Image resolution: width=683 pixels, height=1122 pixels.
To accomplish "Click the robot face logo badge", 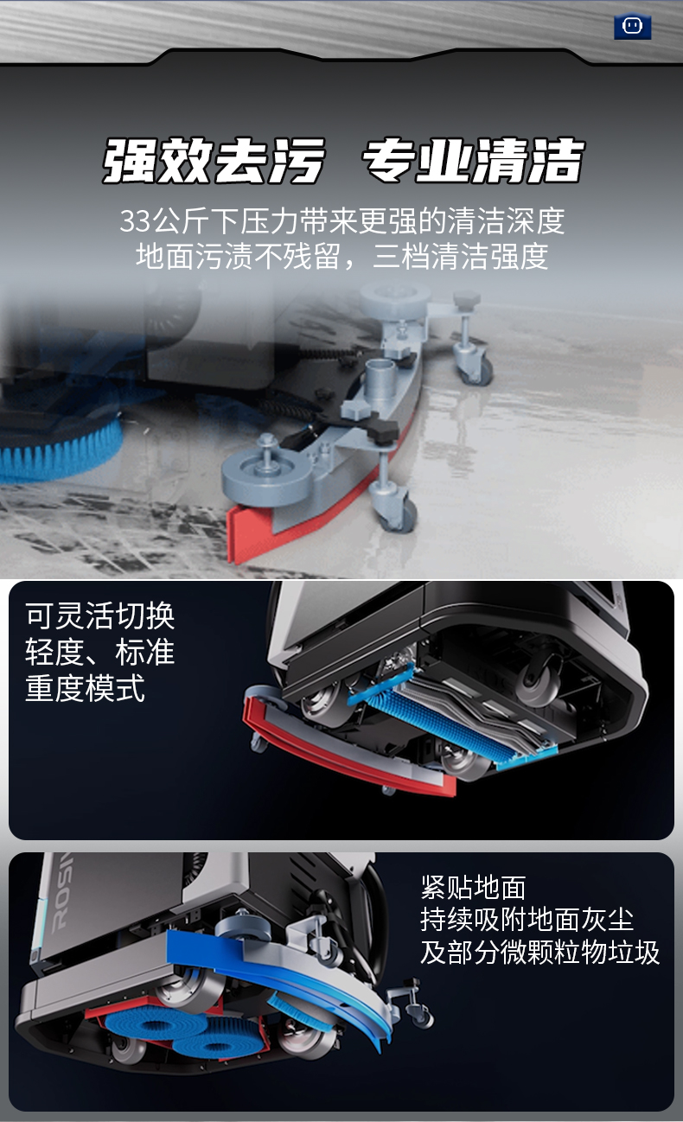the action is (x=632, y=26).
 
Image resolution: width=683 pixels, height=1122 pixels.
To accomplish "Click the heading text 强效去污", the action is (x=214, y=160).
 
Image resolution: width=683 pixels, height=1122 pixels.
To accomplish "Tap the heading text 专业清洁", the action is (x=473, y=160).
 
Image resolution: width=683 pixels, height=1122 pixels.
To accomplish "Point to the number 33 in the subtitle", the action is (x=135, y=220).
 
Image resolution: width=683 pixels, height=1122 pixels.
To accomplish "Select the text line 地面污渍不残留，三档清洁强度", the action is (x=341, y=256).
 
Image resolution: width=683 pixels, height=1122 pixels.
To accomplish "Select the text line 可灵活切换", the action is (x=99, y=615).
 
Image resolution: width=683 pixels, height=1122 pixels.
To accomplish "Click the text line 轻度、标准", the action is (x=99, y=652).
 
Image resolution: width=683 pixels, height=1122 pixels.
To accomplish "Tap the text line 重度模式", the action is (x=85, y=688).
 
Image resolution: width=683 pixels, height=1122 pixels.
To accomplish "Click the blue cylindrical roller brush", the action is (x=454, y=720).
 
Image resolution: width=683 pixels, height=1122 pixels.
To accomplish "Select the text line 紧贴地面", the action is (x=473, y=888).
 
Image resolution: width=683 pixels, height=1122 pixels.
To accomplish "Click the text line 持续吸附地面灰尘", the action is (x=527, y=920).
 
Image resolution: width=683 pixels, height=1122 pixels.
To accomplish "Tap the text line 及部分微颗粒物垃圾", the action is (x=539, y=952).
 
